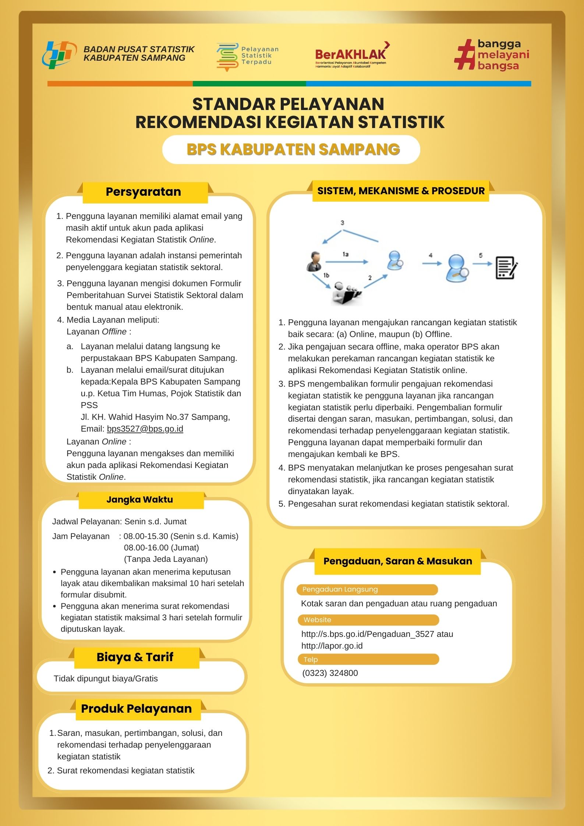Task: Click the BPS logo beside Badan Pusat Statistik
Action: pos(59,55)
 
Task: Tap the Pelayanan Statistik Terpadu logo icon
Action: pos(227,57)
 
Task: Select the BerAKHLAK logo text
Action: pos(350,54)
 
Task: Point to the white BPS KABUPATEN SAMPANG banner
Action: pos(291,149)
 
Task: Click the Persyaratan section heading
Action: pos(143,192)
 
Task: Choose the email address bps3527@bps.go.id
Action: pos(145,429)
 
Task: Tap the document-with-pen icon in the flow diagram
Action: pos(506,268)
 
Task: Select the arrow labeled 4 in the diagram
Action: pos(431,263)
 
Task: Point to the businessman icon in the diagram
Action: pos(314,262)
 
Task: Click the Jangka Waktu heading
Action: pos(139,500)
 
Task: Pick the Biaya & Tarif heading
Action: pos(135,657)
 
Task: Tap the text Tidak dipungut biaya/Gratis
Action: pos(106,678)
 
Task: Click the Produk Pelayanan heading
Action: pos(137,709)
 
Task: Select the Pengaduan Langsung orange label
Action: pos(367,589)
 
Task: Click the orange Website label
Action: pos(368,620)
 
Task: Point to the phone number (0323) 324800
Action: pos(330,673)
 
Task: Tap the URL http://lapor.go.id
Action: pos(332,646)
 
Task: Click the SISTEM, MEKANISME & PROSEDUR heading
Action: pos(401,191)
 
